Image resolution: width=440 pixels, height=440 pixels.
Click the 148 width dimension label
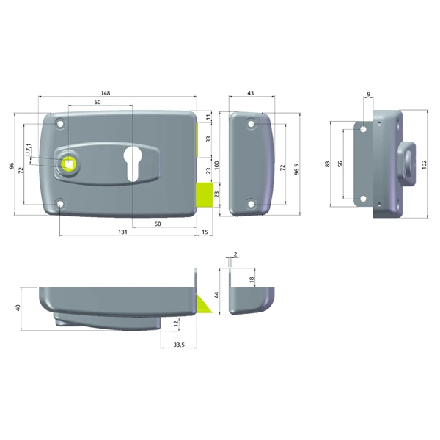106,93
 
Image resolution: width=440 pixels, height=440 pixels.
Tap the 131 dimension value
122,231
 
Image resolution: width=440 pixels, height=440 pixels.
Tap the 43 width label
252,93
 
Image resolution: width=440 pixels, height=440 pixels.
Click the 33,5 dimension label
178,343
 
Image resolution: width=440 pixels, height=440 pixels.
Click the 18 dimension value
252,280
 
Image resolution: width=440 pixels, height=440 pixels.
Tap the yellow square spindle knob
69,164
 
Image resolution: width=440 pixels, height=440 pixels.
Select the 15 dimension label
204,231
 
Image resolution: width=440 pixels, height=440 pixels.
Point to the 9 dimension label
368,93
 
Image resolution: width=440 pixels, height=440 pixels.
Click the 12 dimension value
175,323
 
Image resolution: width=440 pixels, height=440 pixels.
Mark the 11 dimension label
208,117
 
